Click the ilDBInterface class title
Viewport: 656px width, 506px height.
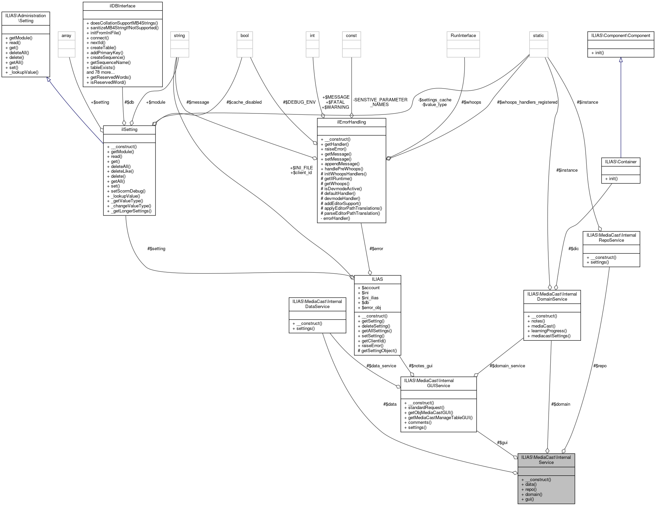pos(122,6)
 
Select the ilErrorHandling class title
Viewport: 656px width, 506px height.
pos(351,122)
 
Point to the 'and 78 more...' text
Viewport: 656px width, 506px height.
pos(101,72)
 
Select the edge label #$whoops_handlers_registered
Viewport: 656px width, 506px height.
pos(527,102)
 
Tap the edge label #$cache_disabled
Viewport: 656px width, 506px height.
pos(244,102)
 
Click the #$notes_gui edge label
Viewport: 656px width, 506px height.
pos(420,366)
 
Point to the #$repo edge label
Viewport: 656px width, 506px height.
pos(600,366)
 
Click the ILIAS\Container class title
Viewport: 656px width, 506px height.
pos(621,162)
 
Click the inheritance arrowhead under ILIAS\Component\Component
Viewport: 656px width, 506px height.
pos(621,60)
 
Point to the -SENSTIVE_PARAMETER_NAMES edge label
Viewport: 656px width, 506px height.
pos(380,102)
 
